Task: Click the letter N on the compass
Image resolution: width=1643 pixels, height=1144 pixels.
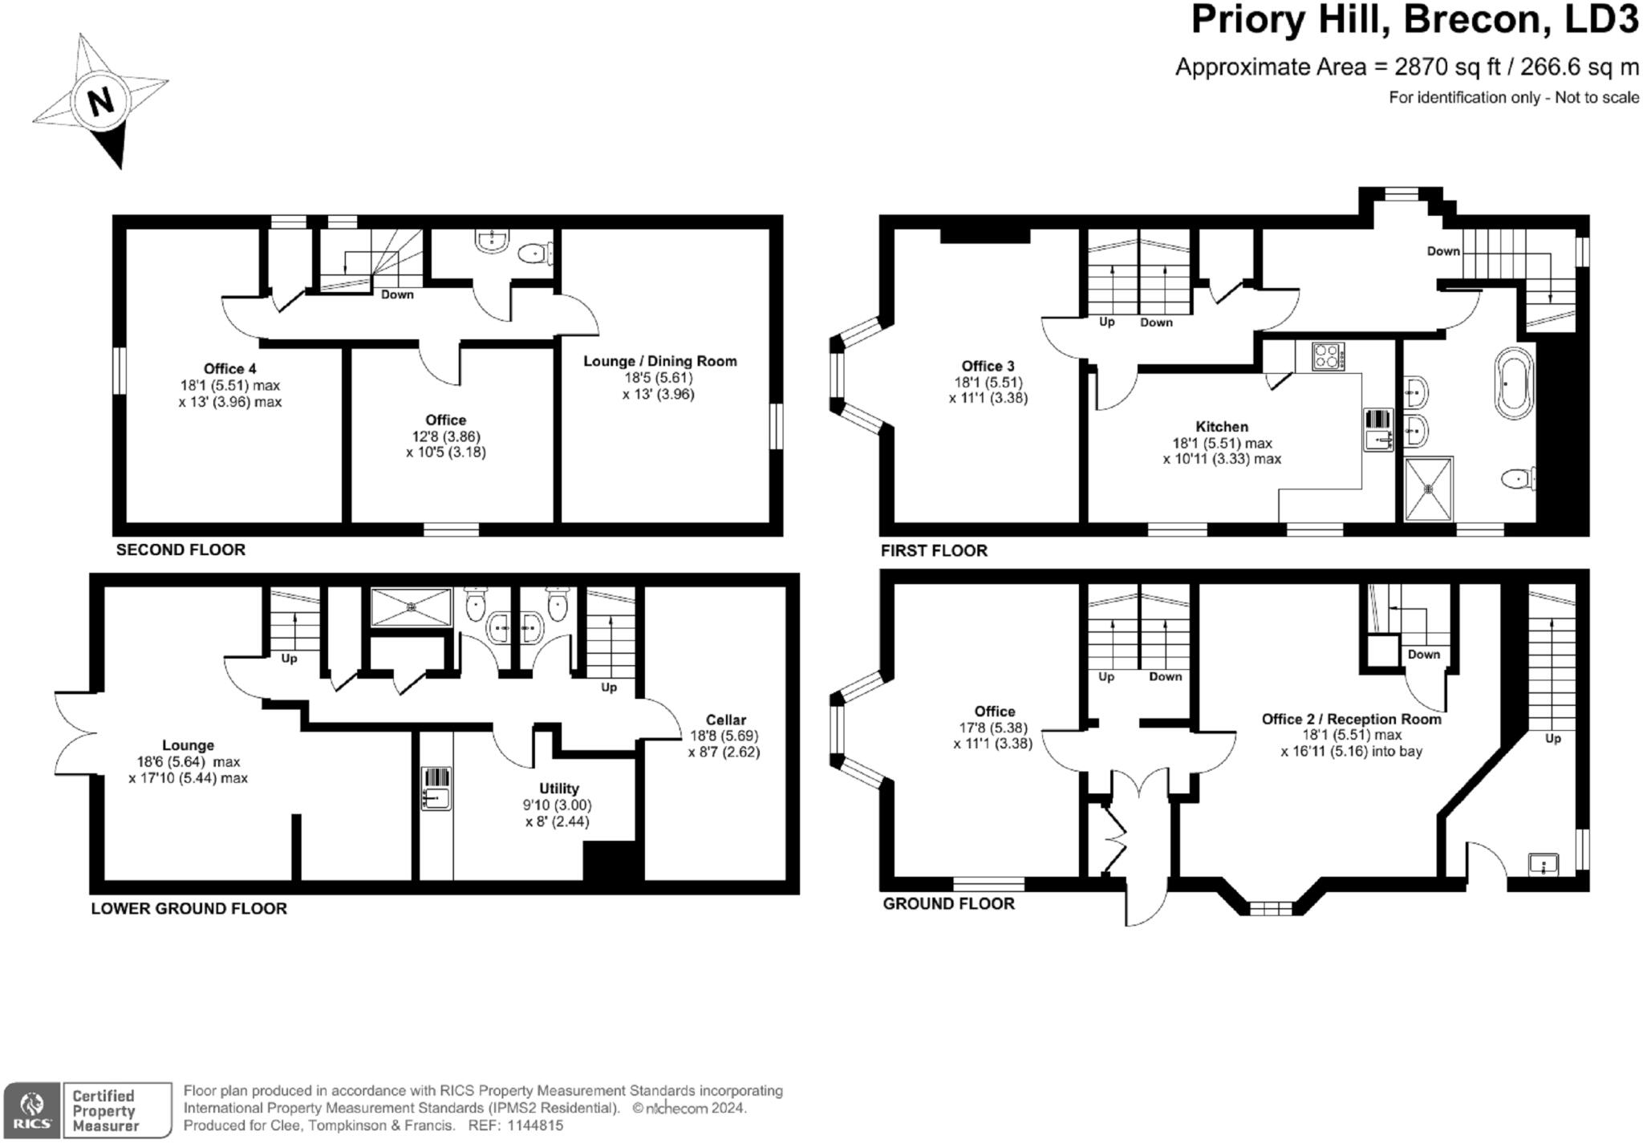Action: click(x=100, y=101)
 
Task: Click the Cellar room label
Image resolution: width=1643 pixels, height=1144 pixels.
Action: click(x=725, y=720)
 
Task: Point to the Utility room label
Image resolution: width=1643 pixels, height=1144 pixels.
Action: click(x=558, y=789)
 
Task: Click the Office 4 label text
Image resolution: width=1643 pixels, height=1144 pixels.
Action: click(x=229, y=368)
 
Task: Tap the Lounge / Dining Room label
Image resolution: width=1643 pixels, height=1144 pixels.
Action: click(x=659, y=361)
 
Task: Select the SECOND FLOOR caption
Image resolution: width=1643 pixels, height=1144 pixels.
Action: click(x=181, y=550)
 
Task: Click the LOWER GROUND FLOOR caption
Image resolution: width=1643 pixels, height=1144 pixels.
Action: click(x=189, y=908)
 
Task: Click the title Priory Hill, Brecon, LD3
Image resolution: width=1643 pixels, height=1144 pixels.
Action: click(x=1414, y=20)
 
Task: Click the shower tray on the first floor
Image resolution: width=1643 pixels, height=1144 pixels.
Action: click(x=1428, y=488)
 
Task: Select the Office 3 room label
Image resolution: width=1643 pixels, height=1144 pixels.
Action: click(x=988, y=366)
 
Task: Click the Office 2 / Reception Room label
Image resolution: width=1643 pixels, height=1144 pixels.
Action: click(x=1351, y=719)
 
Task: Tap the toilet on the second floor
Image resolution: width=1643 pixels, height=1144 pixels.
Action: click(x=533, y=254)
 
